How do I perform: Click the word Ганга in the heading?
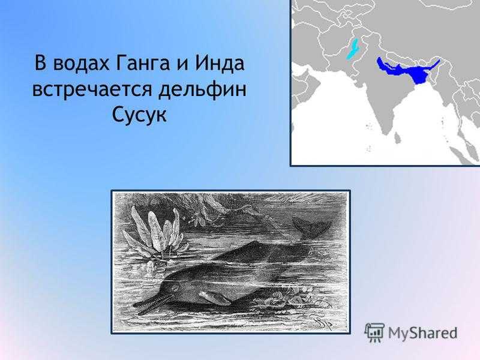pyautogui.click(x=143, y=64)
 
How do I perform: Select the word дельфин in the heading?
pyautogui.click(x=202, y=90)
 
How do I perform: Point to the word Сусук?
pyautogui.click(x=139, y=115)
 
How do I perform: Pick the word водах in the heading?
pyautogui.click(x=80, y=63)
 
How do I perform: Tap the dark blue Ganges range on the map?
pyautogui.click(x=407, y=70)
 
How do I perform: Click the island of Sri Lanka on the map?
pyautogui.click(x=397, y=137)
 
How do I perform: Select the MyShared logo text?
pyautogui.click(x=422, y=333)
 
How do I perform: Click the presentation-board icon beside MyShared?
pyautogui.click(x=374, y=332)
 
